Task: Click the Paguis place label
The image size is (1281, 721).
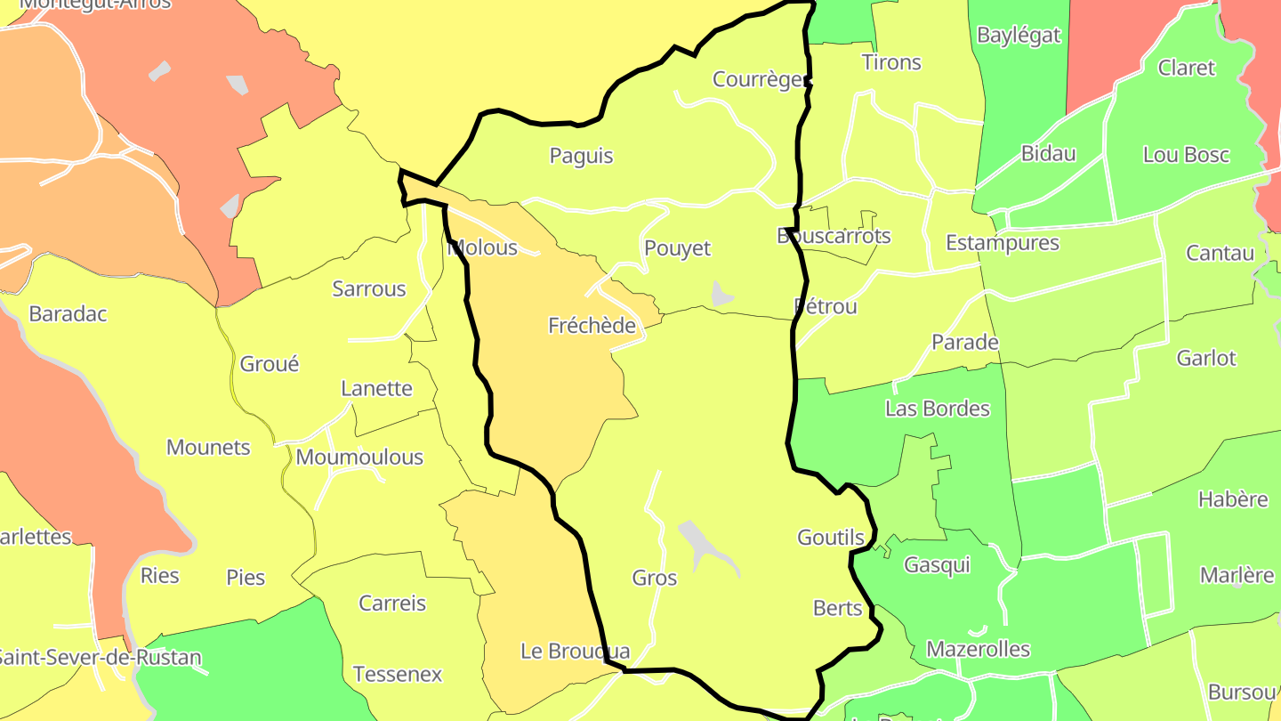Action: click(x=581, y=156)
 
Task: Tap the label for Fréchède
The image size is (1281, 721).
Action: click(x=592, y=326)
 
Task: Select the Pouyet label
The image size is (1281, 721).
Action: click(x=677, y=248)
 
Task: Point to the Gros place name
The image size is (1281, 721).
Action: click(x=655, y=578)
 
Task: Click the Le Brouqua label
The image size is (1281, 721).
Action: click(x=575, y=652)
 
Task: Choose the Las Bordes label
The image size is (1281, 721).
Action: click(x=937, y=409)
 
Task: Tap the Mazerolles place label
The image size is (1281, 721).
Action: click(x=978, y=649)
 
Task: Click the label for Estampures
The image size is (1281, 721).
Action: click(x=1002, y=243)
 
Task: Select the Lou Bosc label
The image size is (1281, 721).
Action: click(x=1186, y=155)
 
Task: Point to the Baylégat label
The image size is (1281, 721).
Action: click(x=1019, y=36)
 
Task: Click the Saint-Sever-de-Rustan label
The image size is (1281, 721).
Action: click(x=98, y=658)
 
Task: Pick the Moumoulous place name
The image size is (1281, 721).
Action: click(x=359, y=458)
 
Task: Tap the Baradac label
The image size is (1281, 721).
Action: click(x=68, y=314)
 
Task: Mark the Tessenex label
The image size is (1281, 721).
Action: click(x=398, y=675)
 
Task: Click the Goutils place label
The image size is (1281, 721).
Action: click(x=831, y=538)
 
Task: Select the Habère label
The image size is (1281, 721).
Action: click(x=1233, y=499)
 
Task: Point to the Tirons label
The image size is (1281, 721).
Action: click(x=891, y=62)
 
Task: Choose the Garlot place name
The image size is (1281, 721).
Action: click(x=1206, y=358)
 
